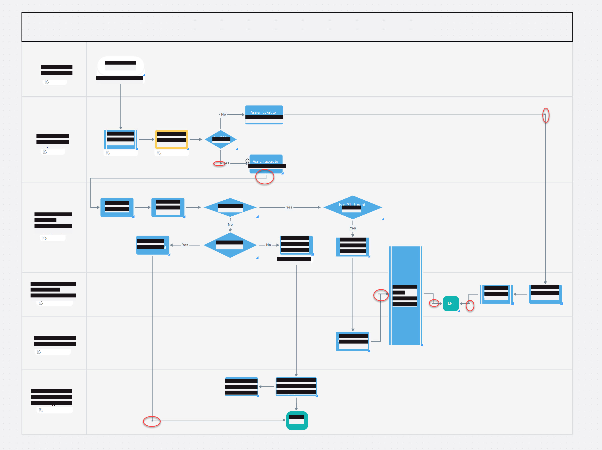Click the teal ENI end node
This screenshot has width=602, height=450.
click(x=451, y=303)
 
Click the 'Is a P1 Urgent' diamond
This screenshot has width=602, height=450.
click(x=353, y=207)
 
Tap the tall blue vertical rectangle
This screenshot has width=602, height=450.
click(x=406, y=295)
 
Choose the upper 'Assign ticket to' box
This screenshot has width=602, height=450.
click(x=264, y=115)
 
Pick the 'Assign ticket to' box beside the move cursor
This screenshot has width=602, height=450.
click(x=266, y=164)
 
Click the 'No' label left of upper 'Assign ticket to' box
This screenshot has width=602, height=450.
click(x=224, y=114)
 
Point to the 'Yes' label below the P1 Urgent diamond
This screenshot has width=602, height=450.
click(x=353, y=228)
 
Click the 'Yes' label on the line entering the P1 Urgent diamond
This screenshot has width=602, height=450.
click(x=289, y=207)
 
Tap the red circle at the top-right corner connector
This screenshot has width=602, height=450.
click(x=546, y=115)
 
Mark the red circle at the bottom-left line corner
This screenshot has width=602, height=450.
click(x=152, y=421)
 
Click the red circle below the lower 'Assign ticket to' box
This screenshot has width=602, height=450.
click(x=265, y=177)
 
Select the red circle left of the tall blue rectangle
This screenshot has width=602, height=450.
click(x=381, y=295)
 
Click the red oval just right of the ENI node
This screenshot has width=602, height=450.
click(x=470, y=305)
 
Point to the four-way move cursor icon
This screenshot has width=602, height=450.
click(x=247, y=161)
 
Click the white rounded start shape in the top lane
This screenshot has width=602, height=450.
click(x=120, y=66)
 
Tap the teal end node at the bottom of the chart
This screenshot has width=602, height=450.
click(x=297, y=420)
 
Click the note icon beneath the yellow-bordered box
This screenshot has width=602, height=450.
click(x=159, y=153)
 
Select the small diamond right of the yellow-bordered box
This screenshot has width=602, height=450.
click(x=221, y=139)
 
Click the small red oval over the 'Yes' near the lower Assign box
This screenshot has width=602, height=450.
click(x=219, y=163)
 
